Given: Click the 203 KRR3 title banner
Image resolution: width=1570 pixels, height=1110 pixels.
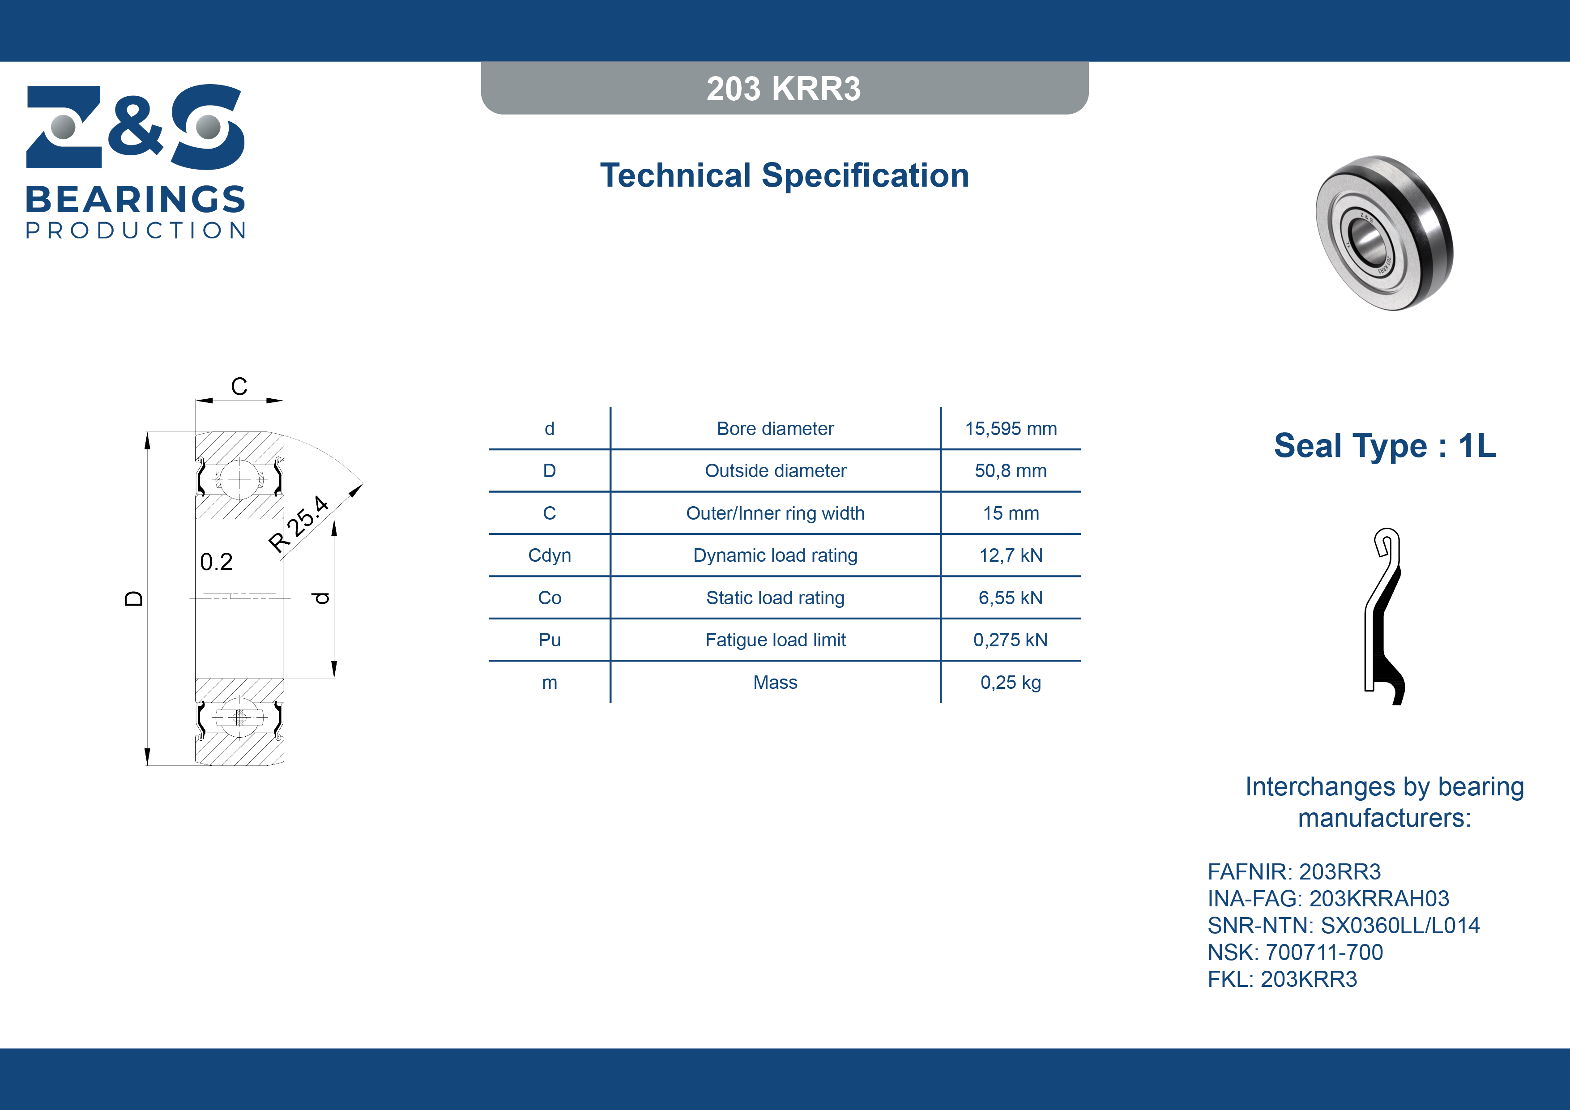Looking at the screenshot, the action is (x=784, y=88).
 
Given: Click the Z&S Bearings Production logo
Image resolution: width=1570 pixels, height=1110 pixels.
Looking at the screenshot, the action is (x=136, y=162).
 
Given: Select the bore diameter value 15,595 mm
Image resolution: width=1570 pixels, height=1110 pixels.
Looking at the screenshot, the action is (x=1011, y=429).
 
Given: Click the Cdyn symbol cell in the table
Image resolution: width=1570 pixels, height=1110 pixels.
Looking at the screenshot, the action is (x=549, y=555).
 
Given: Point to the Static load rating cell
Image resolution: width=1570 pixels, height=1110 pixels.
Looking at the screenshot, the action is (x=776, y=598).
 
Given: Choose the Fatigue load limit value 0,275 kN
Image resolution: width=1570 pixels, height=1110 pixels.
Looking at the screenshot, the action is (x=1011, y=640).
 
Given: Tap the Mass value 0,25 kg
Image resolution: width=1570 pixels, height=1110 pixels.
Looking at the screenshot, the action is (x=1011, y=683).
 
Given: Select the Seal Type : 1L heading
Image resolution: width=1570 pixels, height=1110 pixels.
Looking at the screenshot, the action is (x=1385, y=446).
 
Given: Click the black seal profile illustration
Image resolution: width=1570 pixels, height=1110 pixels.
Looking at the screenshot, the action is (x=1384, y=616).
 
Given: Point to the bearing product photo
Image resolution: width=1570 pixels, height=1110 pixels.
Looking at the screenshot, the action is (x=1385, y=233).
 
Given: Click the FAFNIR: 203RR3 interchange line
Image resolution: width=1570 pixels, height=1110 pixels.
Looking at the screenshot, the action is (x=1294, y=872).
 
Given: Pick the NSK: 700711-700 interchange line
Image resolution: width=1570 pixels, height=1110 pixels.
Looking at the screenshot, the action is (x=1295, y=952).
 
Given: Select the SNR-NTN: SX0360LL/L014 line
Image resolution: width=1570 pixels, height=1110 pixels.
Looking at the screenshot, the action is (x=1344, y=925).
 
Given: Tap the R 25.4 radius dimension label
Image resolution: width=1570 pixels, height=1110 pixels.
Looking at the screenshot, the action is (x=299, y=523).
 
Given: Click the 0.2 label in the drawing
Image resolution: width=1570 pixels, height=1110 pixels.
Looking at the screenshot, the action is (x=216, y=562).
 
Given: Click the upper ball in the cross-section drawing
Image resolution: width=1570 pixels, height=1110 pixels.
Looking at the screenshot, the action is (x=239, y=479).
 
